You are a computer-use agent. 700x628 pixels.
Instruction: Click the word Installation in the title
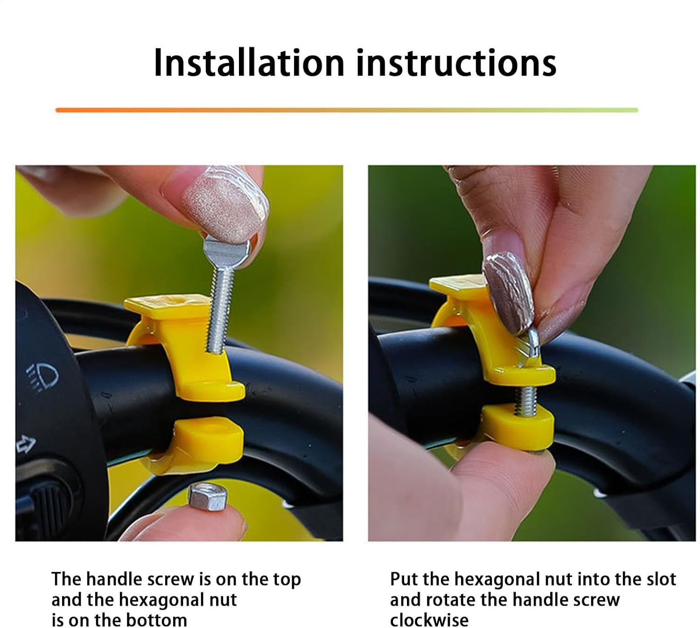249,63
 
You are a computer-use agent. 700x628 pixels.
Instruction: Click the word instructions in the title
456,63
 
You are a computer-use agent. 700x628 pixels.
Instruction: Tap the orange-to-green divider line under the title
347,110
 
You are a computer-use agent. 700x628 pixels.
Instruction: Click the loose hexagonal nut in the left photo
207,497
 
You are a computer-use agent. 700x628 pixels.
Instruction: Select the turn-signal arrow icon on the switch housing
26,444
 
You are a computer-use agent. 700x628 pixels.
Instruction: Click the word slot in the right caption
661,579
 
